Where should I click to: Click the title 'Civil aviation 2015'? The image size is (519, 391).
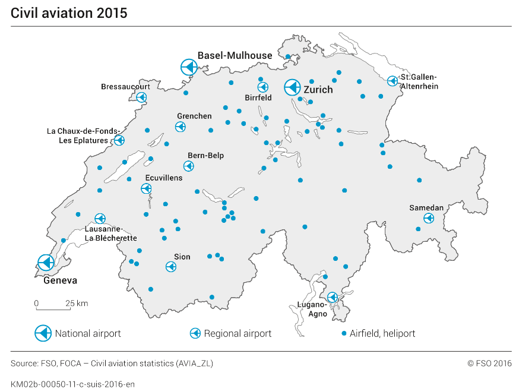click(69, 13)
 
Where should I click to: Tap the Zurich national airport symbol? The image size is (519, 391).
click(292, 88)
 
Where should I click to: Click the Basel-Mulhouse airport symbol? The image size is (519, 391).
click(188, 67)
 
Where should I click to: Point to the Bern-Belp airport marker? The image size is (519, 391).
click(188, 166)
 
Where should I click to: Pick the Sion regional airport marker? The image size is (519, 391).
click(170, 267)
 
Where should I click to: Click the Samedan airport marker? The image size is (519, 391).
click(428, 219)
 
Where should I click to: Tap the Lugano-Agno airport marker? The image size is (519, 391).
click(333, 297)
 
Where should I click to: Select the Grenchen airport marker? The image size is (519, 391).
click(180, 127)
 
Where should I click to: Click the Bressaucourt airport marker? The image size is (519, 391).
click(141, 97)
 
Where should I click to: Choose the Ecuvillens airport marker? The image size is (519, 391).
click(146, 189)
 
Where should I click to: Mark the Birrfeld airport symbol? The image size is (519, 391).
click(262, 87)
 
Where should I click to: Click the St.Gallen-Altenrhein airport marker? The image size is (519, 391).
click(392, 81)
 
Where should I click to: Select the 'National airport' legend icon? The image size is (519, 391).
click(43, 333)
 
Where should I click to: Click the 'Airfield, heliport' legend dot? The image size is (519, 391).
click(344, 333)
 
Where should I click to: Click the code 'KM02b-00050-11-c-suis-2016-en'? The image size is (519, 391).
click(72, 384)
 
